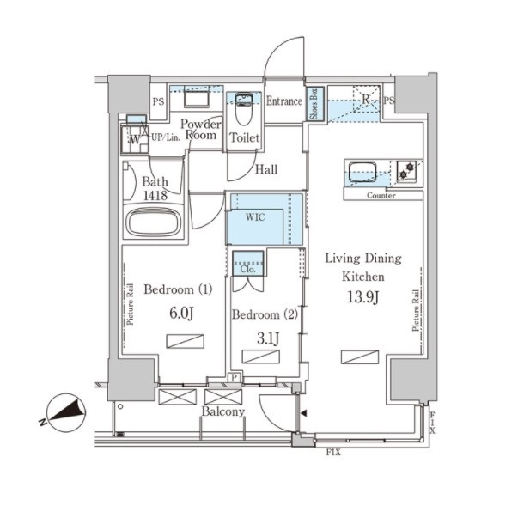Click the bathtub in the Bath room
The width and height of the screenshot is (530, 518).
tap(154, 222)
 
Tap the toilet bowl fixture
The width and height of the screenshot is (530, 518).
tap(244, 108)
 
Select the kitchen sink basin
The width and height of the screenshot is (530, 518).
tap(362, 173)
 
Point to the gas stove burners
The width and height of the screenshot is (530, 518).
tap(406, 170)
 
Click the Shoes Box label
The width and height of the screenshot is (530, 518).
tap(315, 104)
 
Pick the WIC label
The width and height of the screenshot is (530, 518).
tap(255, 217)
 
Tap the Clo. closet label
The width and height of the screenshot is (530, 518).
tap(247, 269)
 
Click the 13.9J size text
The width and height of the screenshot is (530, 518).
tap(363, 297)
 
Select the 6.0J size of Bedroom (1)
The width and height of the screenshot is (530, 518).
tap(181, 313)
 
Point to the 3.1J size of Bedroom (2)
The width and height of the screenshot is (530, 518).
tap(268, 338)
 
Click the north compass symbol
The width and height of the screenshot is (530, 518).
tap(64, 413)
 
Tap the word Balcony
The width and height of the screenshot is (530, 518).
tap(223, 411)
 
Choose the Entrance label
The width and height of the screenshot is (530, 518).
tap(284, 101)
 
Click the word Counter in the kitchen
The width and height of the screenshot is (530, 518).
tap(381, 196)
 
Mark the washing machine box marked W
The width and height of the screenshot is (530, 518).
tap(135, 139)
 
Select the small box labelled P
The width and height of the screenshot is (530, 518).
tap(235, 377)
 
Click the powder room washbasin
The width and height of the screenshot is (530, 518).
tap(196, 99)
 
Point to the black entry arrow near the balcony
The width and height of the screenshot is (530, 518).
tap(304, 413)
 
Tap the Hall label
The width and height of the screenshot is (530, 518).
tap(266, 169)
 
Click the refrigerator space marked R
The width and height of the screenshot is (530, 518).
tap(366, 100)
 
